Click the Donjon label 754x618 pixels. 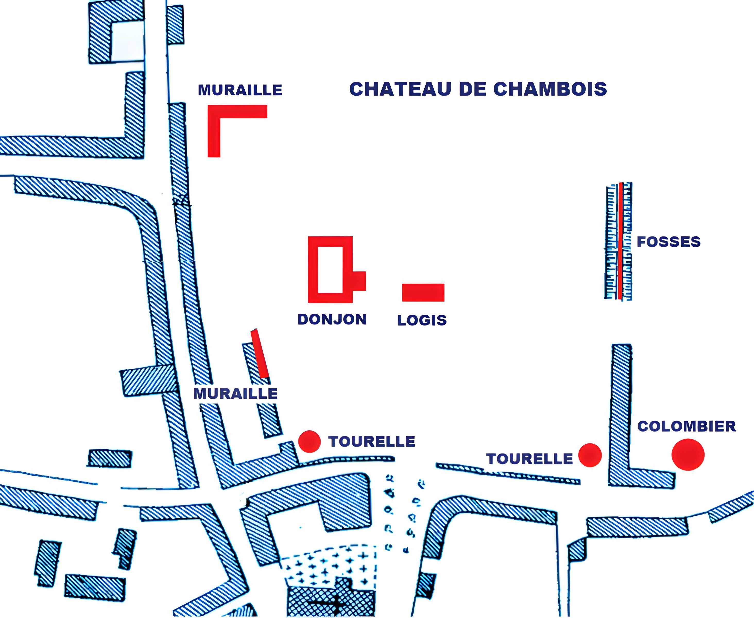coord(332,319)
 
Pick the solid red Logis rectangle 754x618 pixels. coord(423,292)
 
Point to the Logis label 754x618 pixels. coord(422,320)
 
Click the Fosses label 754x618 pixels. coord(669,242)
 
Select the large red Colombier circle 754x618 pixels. coord(688,454)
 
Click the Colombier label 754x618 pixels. coord(686,426)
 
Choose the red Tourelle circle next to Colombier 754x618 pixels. coord(590,455)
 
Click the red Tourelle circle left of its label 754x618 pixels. coord(309,441)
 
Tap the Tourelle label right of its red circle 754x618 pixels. coord(372,442)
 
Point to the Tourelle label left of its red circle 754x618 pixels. coord(529,459)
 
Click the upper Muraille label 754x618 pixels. coord(240,90)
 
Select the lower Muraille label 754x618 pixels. coord(235,394)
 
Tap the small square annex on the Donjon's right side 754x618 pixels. coord(359,281)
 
